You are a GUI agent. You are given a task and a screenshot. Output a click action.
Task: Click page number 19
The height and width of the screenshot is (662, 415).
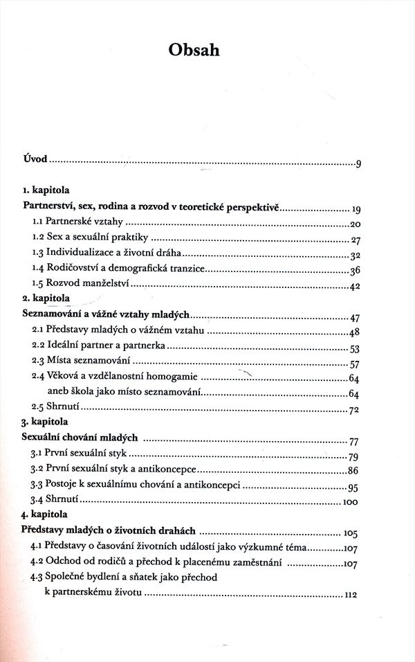(357, 209)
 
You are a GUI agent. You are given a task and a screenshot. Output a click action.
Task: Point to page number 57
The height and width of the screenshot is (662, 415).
(356, 365)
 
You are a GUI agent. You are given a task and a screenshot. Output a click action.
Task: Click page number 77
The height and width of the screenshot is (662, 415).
(356, 441)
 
